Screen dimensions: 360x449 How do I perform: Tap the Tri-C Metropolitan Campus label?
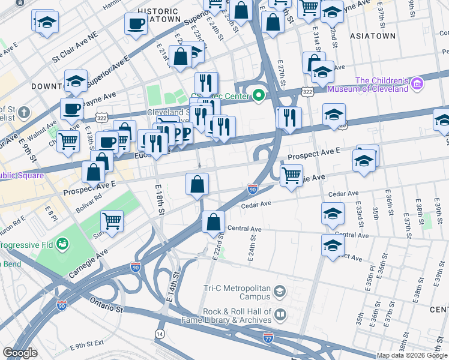[238, 292]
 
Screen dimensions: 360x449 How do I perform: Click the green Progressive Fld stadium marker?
[62, 245]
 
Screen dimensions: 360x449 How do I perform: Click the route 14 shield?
[160, 333]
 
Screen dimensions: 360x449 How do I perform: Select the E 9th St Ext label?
[86, 346]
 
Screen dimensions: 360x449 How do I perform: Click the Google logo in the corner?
[20, 353]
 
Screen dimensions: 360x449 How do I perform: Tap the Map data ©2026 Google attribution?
[411, 355]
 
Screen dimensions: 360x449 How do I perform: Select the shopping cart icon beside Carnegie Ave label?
[291, 176]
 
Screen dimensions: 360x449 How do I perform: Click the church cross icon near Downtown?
[23, 112]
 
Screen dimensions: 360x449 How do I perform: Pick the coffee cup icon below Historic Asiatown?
[136, 24]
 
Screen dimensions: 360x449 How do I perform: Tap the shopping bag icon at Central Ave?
[213, 222]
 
